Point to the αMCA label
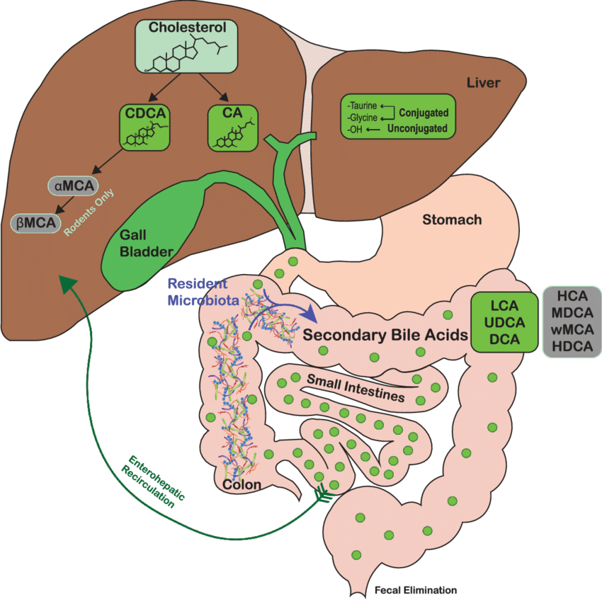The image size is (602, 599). [x=74, y=186]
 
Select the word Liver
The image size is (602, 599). [x=483, y=84]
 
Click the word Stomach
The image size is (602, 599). [x=452, y=219]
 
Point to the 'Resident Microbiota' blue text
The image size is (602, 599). [x=200, y=291]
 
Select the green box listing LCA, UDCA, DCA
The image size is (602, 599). [x=505, y=322]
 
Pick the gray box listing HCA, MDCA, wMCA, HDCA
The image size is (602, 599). [x=571, y=322]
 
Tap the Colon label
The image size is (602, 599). [x=242, y=485]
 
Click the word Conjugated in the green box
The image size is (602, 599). [x=424, y=113]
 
